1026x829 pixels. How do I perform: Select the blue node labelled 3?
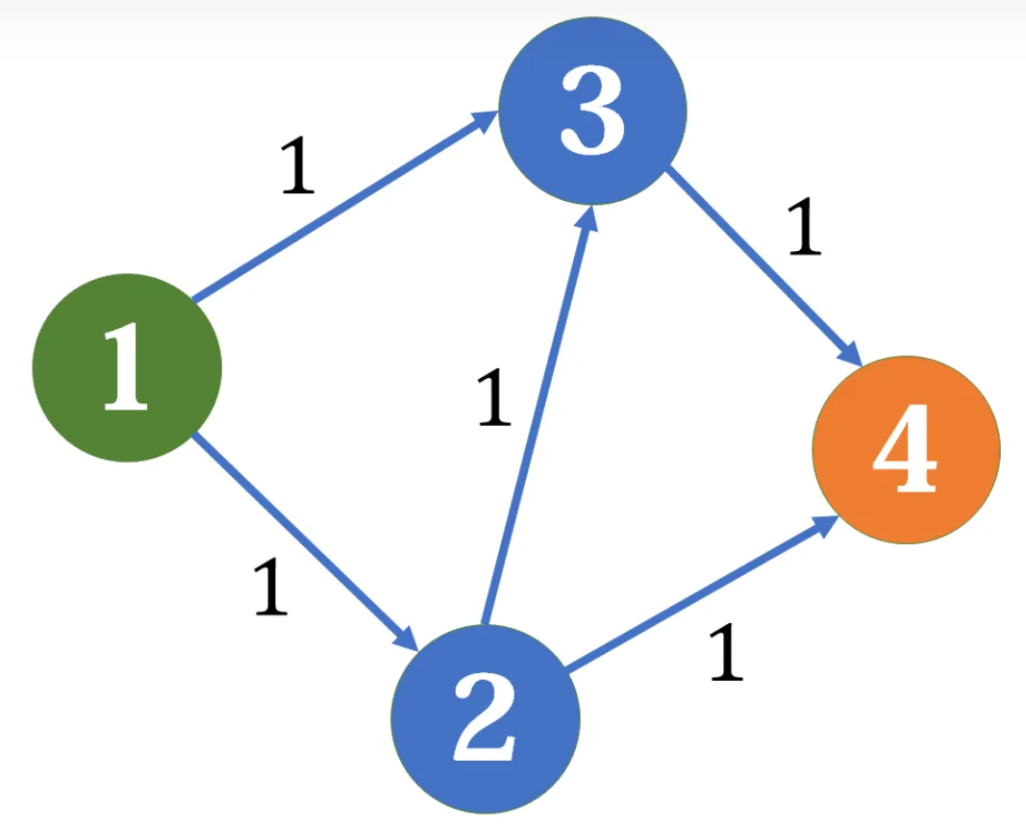(x=592, y=110)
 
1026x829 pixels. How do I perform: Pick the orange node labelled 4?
(x=906, y=449)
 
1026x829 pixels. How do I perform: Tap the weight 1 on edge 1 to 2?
(x=271, y=587)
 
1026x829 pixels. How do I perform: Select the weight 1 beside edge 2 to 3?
(x=493, y=398)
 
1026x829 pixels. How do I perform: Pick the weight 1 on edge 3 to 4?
(x=805, y=228)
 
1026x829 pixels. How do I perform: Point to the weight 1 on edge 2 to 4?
(x=727, y=652)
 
